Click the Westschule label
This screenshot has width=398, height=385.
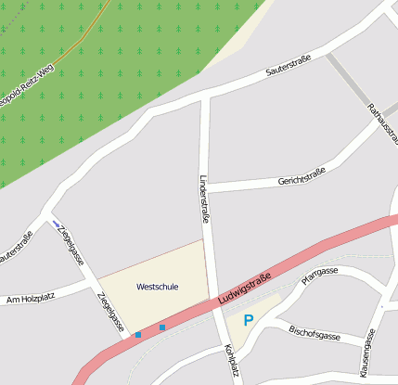click(x=157, y=287)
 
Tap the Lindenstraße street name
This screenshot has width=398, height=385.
click(x=204, y=199)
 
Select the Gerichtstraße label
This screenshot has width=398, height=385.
click(x=302, y=176)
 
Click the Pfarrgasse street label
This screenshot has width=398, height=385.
click(x=319, y=274)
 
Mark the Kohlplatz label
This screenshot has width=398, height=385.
click(x=231, y=361)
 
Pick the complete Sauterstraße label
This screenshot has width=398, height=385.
click(x=288, y=64)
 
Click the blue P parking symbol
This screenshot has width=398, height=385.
click(x=248, y=321)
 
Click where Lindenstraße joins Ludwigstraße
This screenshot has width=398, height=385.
click(x=215, y=306)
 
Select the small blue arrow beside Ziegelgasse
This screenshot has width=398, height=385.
click(x=56, y=224)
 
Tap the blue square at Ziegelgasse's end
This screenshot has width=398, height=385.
click(x=138, y=334)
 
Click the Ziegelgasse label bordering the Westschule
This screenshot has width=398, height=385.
click(x=110, y=312)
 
